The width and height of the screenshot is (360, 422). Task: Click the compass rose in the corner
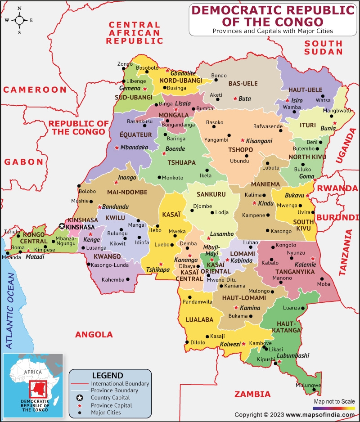(19, 20)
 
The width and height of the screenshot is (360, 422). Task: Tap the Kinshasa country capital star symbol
(62, 227)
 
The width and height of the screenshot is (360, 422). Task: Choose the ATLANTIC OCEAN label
(10, 310)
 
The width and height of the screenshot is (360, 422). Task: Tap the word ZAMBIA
(252, 394)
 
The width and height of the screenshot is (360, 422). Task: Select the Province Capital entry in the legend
(111, 405)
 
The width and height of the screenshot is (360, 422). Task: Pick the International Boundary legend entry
(120, 384)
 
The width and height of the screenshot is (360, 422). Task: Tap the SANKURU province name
(210, 195)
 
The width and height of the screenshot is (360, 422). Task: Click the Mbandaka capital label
(134, 147)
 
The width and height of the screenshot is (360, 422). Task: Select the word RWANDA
(337, 188)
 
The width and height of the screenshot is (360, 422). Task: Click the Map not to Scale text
(334, 401)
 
